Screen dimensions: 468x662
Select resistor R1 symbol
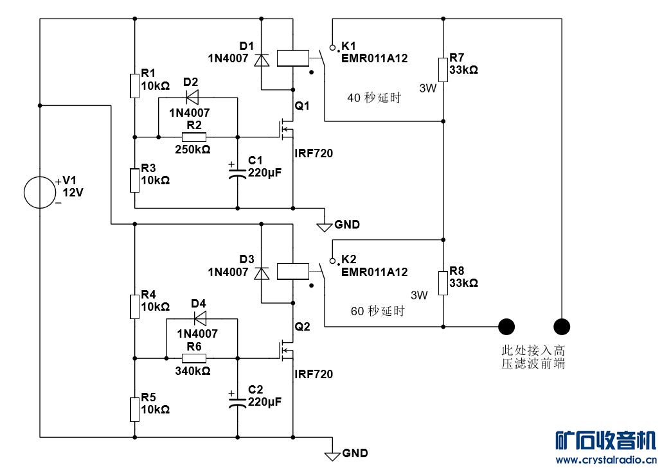pyautogui.click(x=134, y=85)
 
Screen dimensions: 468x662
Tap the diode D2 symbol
pyautogui.click(x=192, y=98)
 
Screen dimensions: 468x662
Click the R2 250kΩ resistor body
pyautogui.click(x=193, y=137)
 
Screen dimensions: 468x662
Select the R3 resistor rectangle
pyautogui.click(x=134, y=180)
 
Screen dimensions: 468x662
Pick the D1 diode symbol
pyautogui.click(x=261, y=60)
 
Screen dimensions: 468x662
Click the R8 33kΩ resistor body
pyautogui.click(x=443, y=283)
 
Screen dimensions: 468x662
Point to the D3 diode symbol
pyautogui.click(x=261, y=273)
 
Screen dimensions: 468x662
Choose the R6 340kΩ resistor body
pyautogui.click(x=193, y=358)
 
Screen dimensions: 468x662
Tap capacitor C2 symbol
pyautogui.click(x=237, y=401)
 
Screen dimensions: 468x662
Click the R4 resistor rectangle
pyautogui.click(x=134, y=306)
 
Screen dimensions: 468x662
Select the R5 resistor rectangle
pyautogui.click(x=134, y=409)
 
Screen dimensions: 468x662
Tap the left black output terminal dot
pyautogui.click(x=507, y=327)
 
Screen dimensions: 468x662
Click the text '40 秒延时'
pyautogui.click(x=374, y=98)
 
